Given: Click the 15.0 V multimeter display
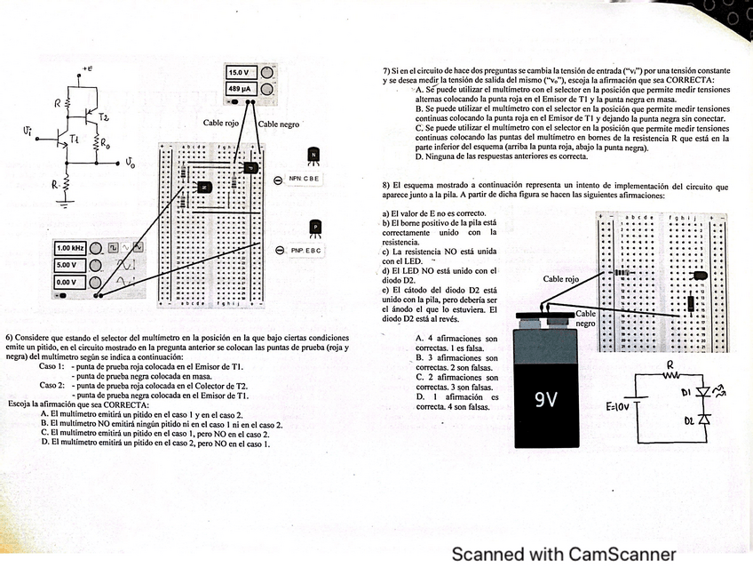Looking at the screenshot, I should click(x=241, y=72).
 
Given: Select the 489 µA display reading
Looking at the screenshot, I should click(x=241, y=90).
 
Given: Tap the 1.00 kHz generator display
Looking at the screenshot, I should click(x=70, y=248).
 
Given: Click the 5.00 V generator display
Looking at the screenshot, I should click(x=68, y=265).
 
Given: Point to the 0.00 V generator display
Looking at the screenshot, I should click(x=68, y=282).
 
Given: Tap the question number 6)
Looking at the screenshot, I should click(x=9, y=339).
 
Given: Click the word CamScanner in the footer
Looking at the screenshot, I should click(x=622, y=555).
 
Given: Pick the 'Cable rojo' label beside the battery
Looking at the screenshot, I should click(x=561, y=279).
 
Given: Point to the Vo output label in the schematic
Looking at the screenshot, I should click(x=130, y=164).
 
